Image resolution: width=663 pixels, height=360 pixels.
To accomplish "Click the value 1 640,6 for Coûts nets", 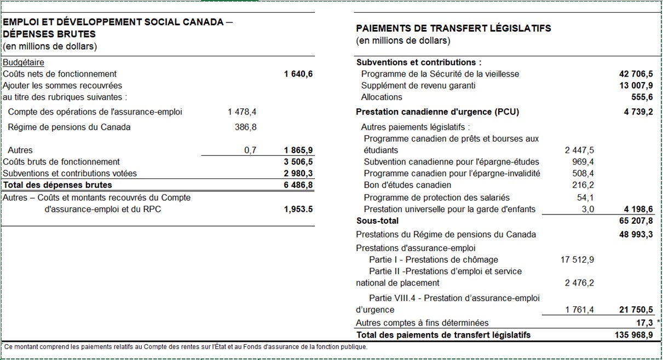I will click(298, 74).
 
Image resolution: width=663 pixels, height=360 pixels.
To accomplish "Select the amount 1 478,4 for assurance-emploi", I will click(242, 112).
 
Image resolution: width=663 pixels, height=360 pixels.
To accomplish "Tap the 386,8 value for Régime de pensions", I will click(246, 127).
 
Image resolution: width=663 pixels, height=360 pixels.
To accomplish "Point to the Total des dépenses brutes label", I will click(57, 185).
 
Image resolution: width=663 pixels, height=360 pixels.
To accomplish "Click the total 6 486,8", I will click(298, 185).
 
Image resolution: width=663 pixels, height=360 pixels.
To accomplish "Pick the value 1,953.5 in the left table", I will click(298, 209).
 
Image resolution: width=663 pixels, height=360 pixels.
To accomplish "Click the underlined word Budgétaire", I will click(24, 62).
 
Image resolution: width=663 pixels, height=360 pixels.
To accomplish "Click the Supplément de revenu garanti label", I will click(418, 85).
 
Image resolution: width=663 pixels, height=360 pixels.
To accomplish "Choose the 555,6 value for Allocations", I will click(642, 97).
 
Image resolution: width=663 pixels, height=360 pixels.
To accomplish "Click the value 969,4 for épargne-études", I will click(583, 161).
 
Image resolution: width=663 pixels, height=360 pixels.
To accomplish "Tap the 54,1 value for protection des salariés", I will click(585, 197).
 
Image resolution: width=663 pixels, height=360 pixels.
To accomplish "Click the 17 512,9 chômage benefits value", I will click(577, 259).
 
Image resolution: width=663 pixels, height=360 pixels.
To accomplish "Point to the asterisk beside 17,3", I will click(659, 322).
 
